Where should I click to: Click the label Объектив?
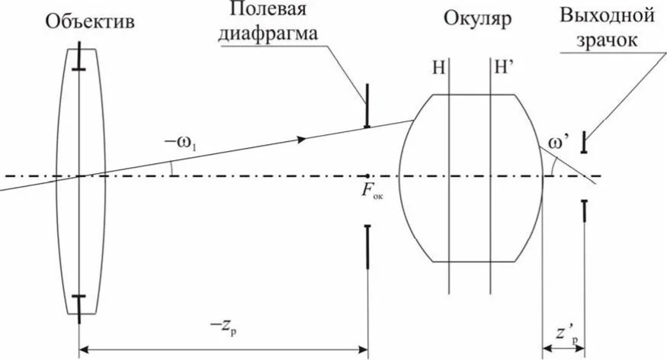coord(90,22)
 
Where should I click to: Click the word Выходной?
coord(608,15)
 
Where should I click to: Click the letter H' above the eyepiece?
coord(504,67)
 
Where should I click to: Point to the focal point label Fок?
coord(372,193)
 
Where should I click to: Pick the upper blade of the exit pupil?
coord(584,142)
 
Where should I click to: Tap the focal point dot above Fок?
coord(367,177)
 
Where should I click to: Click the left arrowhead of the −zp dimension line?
coord(85,350)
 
